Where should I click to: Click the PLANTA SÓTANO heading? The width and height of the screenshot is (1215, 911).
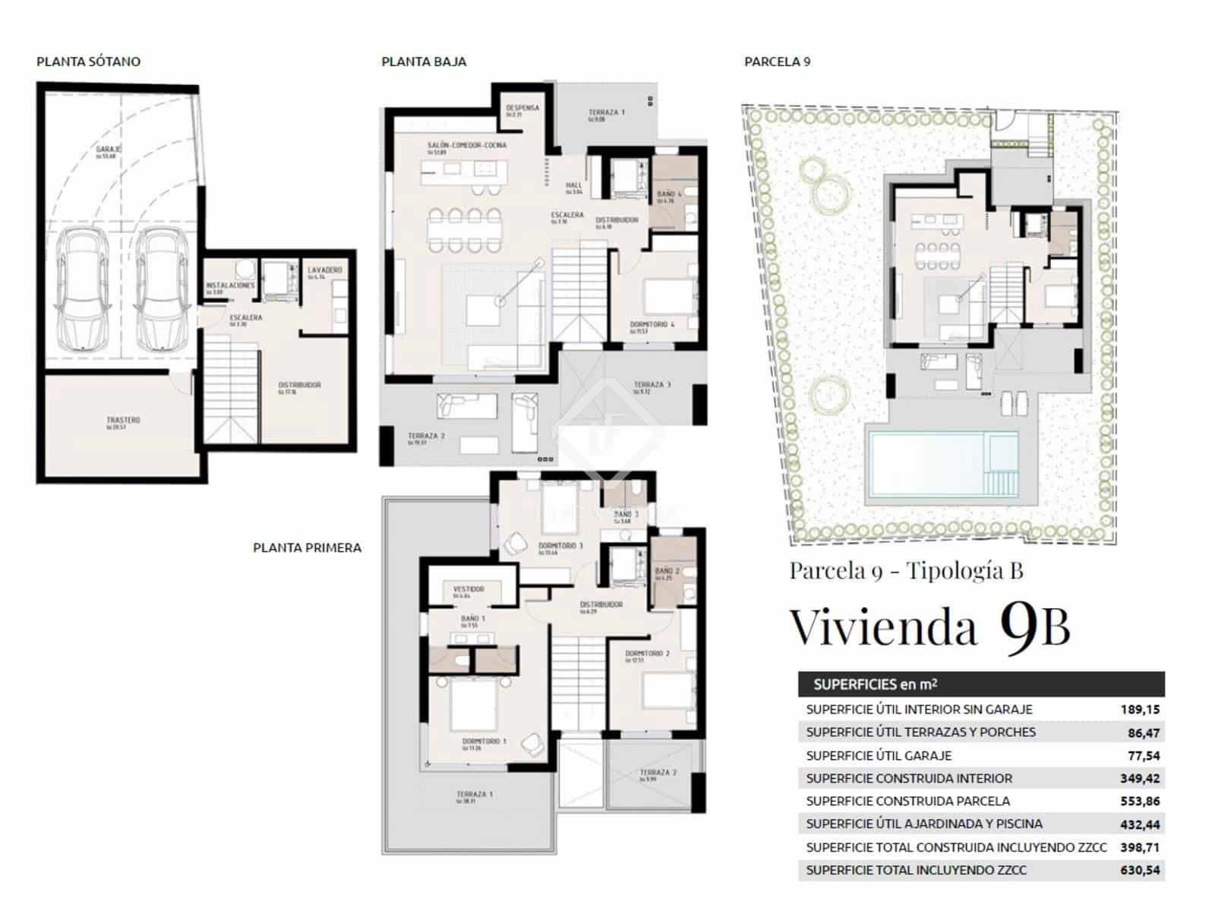click(x=88, y=61)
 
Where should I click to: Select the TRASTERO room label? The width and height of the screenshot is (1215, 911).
click(x=123, y=421)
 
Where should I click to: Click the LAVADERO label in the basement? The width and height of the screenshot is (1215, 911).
click(x=324, y=270)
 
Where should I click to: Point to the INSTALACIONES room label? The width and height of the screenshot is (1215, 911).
click(x=230, y=286)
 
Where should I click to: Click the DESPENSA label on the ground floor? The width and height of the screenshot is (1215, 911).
click(x=522, y=108)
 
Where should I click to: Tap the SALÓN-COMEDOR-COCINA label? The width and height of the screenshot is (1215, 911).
click(x=466, y=145)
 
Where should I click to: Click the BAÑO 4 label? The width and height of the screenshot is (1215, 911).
click(x=669, y=194)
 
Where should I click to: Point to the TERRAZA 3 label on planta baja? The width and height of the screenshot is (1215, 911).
click(x=652, y=385)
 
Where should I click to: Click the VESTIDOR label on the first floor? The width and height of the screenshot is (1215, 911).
click(x=469, y=588)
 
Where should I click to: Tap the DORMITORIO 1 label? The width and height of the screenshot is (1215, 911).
click(x=484, y=741)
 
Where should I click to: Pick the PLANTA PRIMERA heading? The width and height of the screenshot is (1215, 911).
click(x=307, y=547)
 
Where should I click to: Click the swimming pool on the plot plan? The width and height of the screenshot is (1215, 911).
click(x=930, y=462)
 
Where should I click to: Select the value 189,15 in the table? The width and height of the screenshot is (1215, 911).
click(x=1140, y=710)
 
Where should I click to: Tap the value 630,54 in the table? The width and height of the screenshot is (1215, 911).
click(x=1140, y=870)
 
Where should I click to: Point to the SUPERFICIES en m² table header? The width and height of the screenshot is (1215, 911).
click(x=875, y=684)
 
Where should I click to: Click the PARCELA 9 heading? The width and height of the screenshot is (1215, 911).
click(x=777, y=61)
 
